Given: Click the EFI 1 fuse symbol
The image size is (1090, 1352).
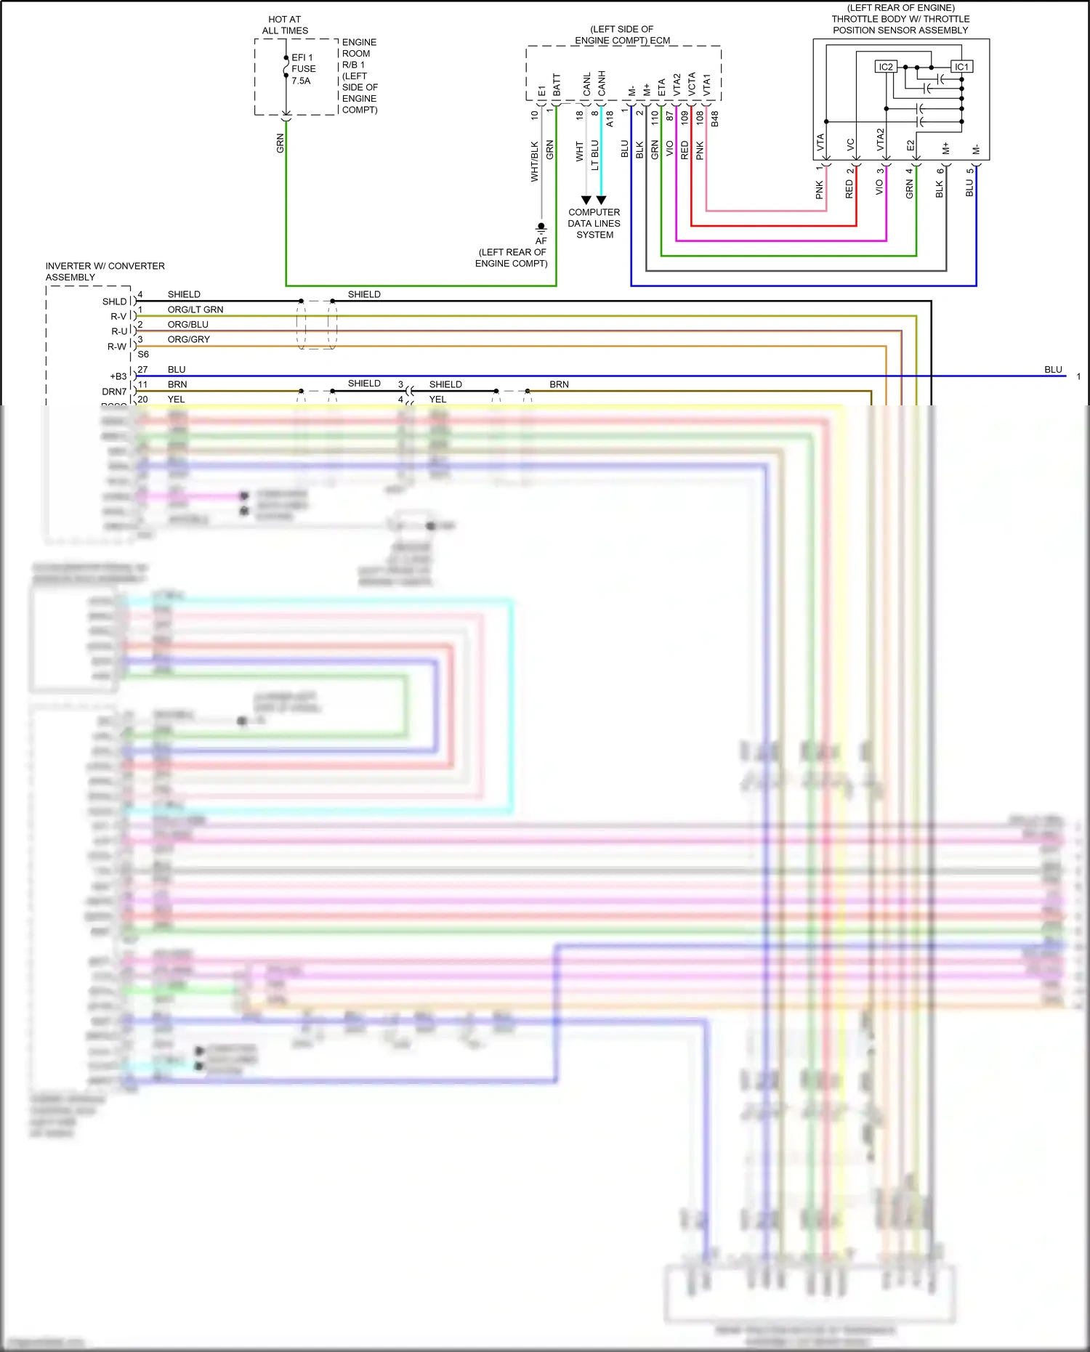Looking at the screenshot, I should click(286, 68).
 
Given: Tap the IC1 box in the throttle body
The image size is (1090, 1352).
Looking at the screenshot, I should click(961, 67).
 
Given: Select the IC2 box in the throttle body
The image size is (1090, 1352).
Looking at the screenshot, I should click(886, 67).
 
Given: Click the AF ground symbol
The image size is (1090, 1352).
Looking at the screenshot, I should click(541, 227).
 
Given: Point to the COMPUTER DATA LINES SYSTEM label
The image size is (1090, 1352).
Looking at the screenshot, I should click(594, 224).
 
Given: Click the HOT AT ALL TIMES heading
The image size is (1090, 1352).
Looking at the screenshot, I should click(285, 25).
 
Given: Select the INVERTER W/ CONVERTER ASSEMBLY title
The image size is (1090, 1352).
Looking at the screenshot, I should click(105, 272).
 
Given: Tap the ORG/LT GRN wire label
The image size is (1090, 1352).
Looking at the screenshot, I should click(195, 309).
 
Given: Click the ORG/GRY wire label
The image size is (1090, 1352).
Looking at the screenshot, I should click(188, 339).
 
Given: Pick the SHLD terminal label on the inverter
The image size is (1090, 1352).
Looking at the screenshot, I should click(114, 301).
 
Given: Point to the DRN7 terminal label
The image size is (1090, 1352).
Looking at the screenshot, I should click(114, 392).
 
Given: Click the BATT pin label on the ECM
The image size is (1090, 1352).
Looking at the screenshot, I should click(557, 85).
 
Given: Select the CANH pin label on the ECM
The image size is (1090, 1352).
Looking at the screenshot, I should click(602, 84).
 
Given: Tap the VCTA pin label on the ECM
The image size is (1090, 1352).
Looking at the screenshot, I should click(692, 84).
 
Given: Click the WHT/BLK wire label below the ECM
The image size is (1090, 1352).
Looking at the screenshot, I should click(535, 161).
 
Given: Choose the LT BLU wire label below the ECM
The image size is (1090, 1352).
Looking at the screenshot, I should click(595, 155).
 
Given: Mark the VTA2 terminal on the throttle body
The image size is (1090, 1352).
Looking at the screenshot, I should click(880, 139).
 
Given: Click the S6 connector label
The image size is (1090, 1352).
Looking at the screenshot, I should click(143, 355).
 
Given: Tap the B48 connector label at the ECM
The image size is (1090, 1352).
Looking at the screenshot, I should click(715, 119).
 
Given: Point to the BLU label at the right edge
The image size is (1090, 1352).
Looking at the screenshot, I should click(1053, 370).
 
